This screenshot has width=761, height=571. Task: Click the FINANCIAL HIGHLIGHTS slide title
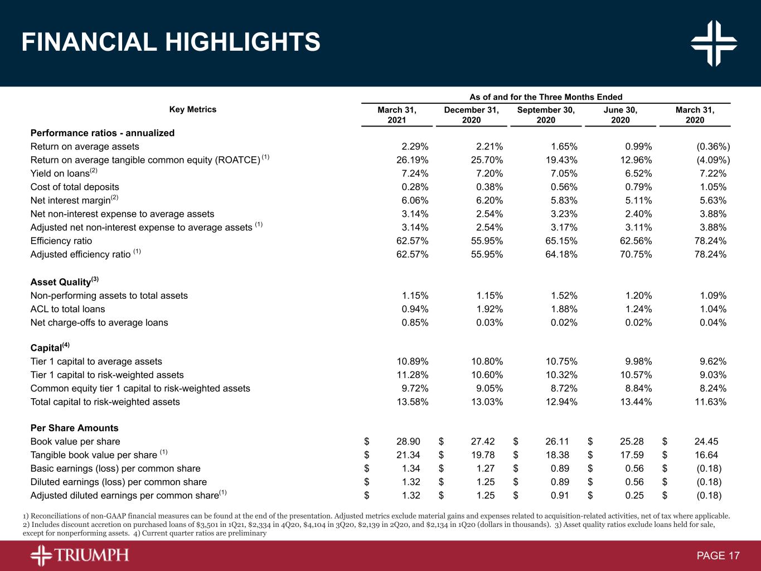(171, 42)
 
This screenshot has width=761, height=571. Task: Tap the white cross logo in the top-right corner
(714, 43)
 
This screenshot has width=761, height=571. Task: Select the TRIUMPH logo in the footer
(80, 555)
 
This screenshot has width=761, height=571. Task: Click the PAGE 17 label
(718, 556)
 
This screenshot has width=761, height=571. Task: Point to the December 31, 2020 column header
(471, 115)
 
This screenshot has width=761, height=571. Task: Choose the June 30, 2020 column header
(620, 115)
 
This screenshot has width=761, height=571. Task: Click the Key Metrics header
(193, 109)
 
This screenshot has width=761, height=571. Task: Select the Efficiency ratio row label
(61, 241)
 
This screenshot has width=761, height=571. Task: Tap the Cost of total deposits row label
(75, 187)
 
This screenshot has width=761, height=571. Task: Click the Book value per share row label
(75, 442)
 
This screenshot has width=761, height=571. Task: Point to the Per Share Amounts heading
(74, 428)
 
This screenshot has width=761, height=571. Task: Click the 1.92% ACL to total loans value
(487, 309)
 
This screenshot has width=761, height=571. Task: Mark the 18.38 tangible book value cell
(557, 456)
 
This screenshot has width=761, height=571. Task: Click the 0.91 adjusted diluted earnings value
(560, 496)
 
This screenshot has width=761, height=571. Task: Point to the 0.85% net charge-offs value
(415, 323)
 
